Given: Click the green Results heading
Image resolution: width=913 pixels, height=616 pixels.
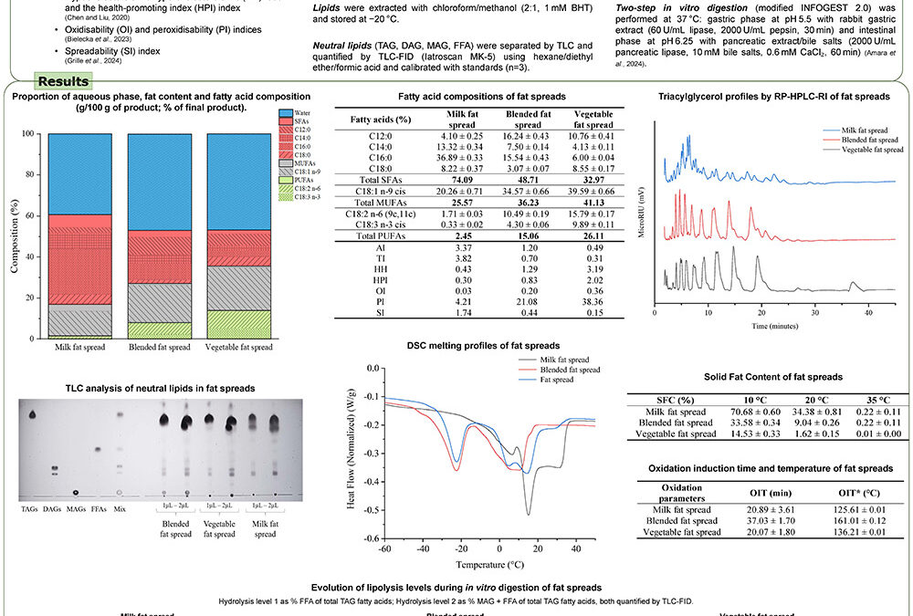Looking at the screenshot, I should pos(63,82).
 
